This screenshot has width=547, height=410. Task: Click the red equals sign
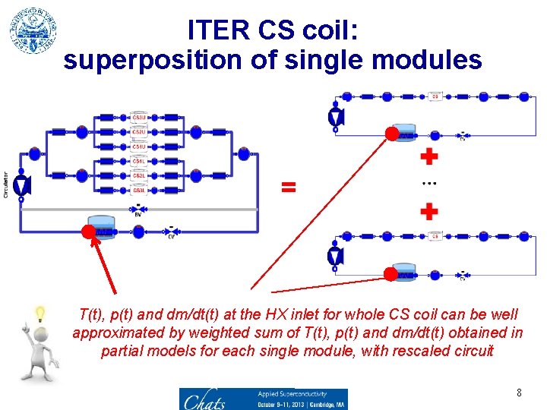tap(289, 186)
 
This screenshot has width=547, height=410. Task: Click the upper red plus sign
tap(429, 158)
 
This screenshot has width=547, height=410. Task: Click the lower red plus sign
tap(429, 212)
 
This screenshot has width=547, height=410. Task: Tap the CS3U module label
tap(139, 118)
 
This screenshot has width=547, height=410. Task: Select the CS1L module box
tap(139, 161)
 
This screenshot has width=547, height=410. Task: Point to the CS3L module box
tap(139, 190)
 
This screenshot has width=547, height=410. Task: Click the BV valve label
tap(138, 215)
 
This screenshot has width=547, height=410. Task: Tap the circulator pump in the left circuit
tap(22, 184)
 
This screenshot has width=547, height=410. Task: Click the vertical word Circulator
tap(6, 184)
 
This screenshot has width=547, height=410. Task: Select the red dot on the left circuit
tap(88, 231)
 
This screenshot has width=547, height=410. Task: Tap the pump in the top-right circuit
tap(335, 117)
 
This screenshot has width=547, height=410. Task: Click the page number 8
tap(518, 393)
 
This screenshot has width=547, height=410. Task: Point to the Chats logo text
tap(204, 399)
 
